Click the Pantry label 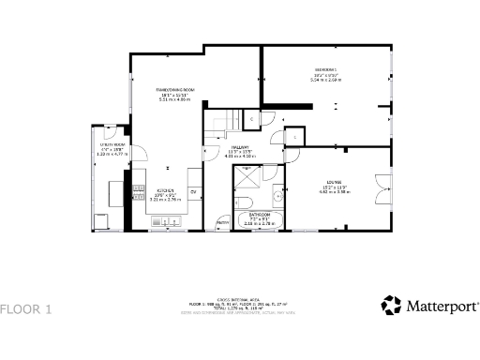click(223, 221)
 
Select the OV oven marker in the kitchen click(193, 192)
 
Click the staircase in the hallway click(223, 122)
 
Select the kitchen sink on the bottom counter click(167, 223)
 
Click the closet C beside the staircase click(251, 119)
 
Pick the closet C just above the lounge click(294, 137)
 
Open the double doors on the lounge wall click(381, 187)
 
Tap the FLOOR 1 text click(26, 308)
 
